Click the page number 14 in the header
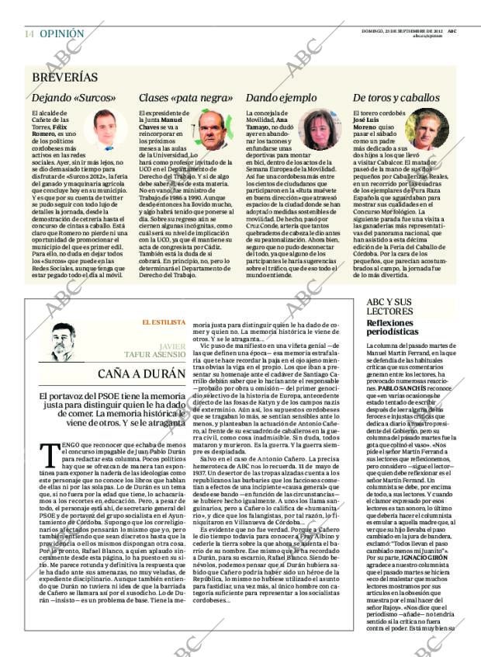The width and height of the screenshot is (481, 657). tap(29, 34)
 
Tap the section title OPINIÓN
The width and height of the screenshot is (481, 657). tap(61, 34)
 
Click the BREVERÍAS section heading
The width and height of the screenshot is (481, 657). tap(65, 78)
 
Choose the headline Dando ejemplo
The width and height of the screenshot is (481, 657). tap(282, 99)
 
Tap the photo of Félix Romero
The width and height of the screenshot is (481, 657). tap(105, 130)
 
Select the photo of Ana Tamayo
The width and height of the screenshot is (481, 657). tap(318, 130)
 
